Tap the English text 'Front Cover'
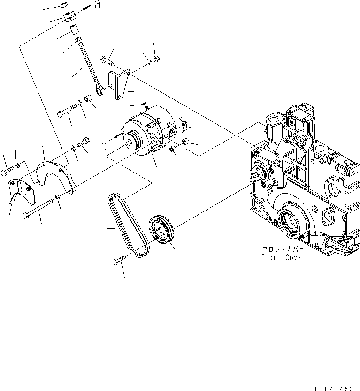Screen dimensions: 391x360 [x=283, y=257]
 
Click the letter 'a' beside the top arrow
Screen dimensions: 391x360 [x=97, y=5]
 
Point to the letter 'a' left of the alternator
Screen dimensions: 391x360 [x=103, y=146]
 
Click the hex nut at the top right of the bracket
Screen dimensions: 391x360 [x=157, y=60]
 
